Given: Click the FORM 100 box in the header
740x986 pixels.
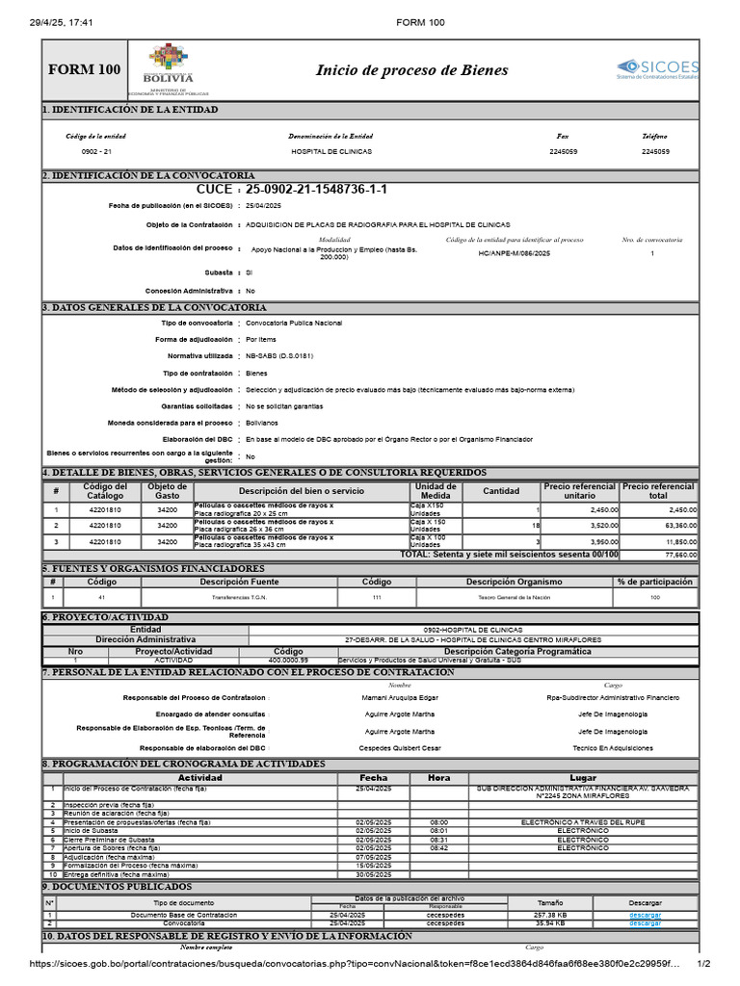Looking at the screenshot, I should [85, 69].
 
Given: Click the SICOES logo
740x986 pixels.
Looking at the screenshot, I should [660, 68].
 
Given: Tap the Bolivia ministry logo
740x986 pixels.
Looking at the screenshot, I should [168, 68].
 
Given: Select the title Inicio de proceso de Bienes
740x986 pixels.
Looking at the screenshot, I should [411, 70].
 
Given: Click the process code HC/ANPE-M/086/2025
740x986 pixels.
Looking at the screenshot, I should [516, 253].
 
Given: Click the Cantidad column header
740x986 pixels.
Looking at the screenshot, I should [500, 490].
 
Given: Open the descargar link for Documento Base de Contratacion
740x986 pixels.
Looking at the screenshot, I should [645, 915].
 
